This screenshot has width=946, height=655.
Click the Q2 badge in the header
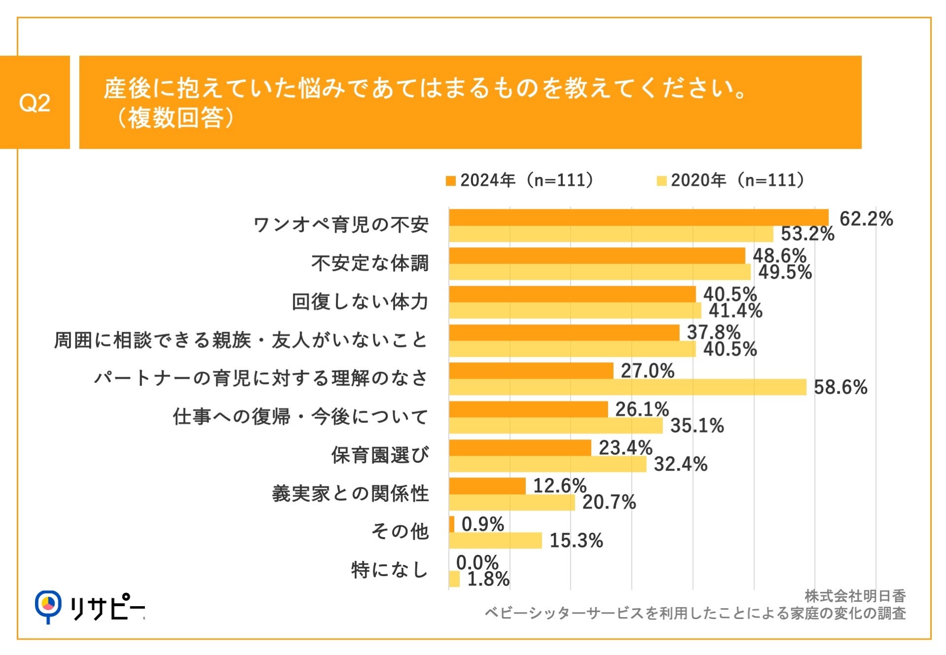click(34, 103)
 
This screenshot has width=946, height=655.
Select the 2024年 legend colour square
click(450, 181)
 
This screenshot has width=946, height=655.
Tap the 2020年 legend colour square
click(661, 181)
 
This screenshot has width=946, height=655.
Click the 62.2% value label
click(866, 219)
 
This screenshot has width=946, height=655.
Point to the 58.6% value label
click(840, 387)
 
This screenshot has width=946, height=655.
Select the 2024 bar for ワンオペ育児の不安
click(638, 217)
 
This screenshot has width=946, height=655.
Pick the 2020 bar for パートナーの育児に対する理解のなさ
click(627, 387)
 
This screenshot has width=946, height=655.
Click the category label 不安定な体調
click(370, 263)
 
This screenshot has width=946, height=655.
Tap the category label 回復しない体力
click(360, 302)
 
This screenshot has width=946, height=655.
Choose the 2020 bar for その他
click(495, 541)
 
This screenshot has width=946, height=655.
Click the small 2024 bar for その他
click(452, 524)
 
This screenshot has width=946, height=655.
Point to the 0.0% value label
click(477, 562)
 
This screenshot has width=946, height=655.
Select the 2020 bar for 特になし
click(454, 579)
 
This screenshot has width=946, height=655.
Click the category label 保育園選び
click(379, 455)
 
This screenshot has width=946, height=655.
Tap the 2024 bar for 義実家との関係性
click(487, 486)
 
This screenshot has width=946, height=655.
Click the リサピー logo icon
click(48, 605)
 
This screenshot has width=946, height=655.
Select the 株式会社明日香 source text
click(855, 596)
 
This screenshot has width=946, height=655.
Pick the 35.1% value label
click(697, 426)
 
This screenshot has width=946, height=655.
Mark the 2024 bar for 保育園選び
click(520, 448)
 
